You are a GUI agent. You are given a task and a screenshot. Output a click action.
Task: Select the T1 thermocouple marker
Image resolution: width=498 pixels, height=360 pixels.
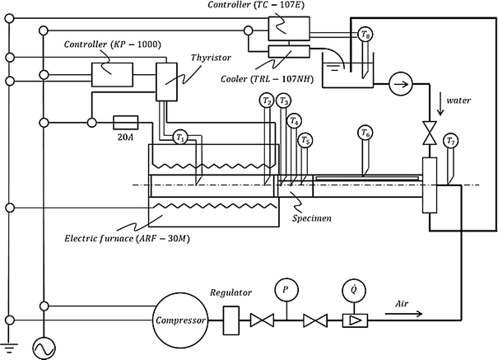(180, 138)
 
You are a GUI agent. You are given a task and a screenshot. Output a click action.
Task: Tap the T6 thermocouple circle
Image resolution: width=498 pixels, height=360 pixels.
(365, 133)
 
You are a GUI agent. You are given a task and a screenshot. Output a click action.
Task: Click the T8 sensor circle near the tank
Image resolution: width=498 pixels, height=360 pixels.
(365, 35)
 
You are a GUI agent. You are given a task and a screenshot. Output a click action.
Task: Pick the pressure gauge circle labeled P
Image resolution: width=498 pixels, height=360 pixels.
(285, 292)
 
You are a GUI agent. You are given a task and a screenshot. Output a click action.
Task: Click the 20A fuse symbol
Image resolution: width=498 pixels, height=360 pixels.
(129, 124)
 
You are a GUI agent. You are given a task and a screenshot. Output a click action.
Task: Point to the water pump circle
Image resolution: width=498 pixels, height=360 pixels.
(402, 84)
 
